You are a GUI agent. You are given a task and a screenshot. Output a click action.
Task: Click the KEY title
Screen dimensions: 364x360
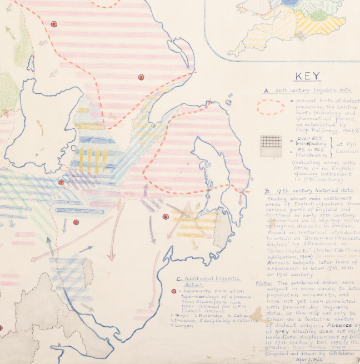307,77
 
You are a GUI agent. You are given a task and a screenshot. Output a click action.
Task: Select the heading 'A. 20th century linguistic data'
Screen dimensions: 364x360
311,90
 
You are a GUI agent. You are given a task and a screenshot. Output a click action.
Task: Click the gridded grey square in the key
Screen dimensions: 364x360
270,145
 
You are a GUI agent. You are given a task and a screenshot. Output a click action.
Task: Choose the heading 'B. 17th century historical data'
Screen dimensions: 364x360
309,190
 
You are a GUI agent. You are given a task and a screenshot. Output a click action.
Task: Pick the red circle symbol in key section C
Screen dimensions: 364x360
174,291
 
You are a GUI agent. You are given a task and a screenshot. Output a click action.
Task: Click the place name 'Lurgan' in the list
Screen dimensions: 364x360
185,326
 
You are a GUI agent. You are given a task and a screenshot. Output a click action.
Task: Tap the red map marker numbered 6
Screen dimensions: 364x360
54,24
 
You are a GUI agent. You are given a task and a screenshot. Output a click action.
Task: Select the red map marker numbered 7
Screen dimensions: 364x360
62,182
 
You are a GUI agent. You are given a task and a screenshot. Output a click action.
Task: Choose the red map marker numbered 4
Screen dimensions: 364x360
165,216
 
